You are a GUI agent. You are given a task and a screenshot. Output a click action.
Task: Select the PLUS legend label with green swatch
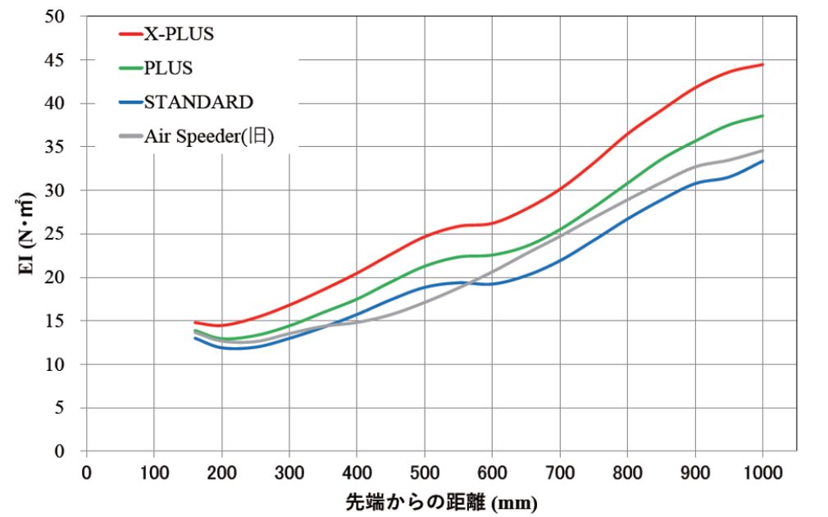pos(168,68)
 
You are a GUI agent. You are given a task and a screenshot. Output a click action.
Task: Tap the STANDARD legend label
pos(198,102)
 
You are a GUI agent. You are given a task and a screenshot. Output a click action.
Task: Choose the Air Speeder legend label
pos(208,136)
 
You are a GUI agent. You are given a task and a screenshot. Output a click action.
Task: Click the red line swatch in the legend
pos(130,34)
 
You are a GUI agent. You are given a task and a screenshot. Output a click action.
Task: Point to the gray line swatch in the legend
pos(130,136)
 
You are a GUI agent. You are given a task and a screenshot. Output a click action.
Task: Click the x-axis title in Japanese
pos(441,501)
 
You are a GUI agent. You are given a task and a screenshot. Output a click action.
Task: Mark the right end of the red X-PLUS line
pos(762,64)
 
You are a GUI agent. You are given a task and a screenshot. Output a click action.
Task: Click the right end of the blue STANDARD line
pos(762,161)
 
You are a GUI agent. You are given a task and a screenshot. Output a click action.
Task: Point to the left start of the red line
pos(195,323)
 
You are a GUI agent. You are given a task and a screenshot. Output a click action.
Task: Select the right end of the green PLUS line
pos(762,116)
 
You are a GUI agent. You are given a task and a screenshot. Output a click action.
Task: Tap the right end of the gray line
pos(762,150)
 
